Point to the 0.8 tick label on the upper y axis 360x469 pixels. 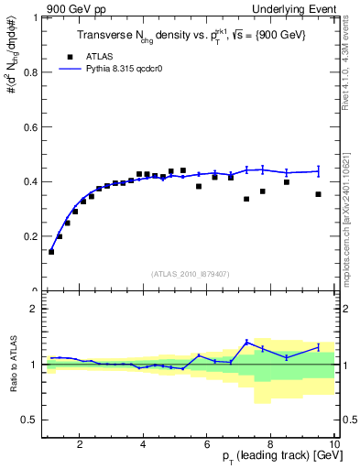pos(30,72)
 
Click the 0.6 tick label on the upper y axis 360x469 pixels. pos(30,127)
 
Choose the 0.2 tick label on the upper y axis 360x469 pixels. pos(30,236)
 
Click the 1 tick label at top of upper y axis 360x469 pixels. pos(36,17)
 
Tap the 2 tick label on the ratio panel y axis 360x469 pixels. pos(36,310)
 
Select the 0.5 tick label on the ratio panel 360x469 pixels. pos(30,420)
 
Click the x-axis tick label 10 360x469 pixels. pos(334,444)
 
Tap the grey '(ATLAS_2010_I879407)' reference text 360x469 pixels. pos(190,272)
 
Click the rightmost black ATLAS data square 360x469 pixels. pos(318,194)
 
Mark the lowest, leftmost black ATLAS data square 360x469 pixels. pos(51,251)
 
